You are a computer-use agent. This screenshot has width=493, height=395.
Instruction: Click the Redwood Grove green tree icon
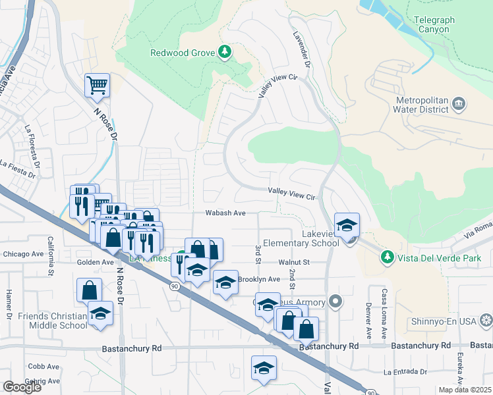point(225,52)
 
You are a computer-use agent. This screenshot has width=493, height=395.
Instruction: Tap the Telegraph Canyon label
point(434,25)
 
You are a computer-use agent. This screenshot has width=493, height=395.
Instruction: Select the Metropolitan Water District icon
point(459,104)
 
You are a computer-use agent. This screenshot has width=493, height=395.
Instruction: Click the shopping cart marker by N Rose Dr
point(97,84)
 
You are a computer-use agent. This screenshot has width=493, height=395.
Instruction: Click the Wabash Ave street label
point(225,213)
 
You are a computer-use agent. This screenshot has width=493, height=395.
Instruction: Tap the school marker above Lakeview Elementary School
point(346,225)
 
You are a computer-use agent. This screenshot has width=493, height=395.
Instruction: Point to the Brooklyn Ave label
point(259,279)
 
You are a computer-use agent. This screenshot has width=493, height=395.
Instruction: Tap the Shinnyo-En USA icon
point(486,321)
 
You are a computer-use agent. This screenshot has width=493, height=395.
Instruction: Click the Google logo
point(22,387)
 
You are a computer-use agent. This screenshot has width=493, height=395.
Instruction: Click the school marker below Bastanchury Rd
point(264,367)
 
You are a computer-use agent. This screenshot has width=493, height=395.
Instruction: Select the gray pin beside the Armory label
point(335,302)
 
